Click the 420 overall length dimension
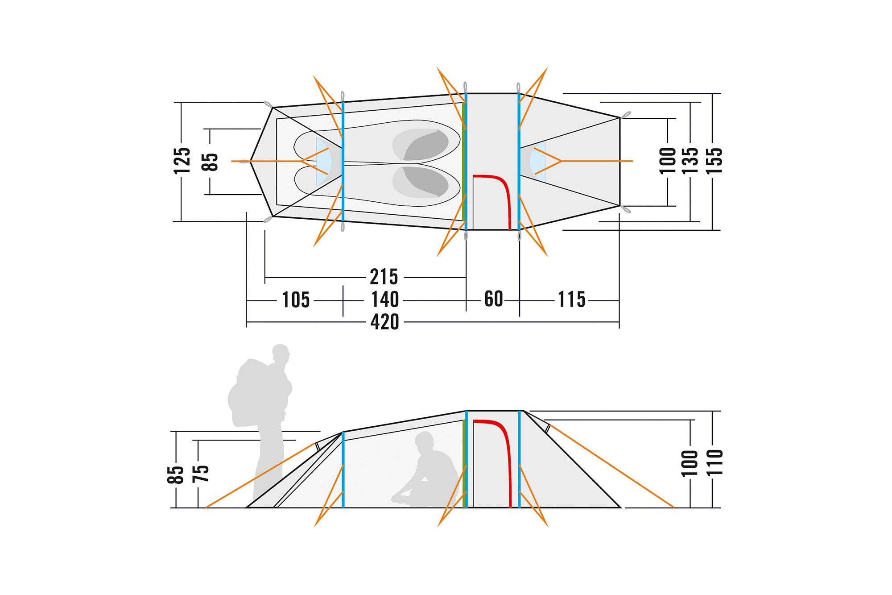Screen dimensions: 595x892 pyautogui.click(x=384, y=322)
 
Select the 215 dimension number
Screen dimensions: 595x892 pyautogui.click(x=384, y=277)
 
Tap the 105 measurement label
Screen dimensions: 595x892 pyautogui.click(x=296, y=300)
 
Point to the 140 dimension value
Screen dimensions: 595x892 pyautogui.click(x=385, y=299)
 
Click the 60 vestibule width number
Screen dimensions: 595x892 pyautogui.click(x=493, y=299)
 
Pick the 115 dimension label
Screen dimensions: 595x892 pyautogui.click(x=571, y=300)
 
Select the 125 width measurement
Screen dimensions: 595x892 pyautogui.click(x=182, y=161)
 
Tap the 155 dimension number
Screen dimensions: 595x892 pyautogui.click(x=714, y=161)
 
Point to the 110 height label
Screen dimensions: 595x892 pyautogui.click(x=714, y=463)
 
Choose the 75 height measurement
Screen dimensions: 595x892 pyautogui.click(x=200, y=473)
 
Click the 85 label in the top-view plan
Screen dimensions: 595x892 pyautogui.click(x=210, y=162)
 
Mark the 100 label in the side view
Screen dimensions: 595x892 pyautogui.click(x=690, y=463)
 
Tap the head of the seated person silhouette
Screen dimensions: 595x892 pyautogui.click(x=424, y=440)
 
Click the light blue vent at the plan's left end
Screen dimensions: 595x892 pyautogui.click(x=323, y=162)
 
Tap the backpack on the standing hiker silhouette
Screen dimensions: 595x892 pyautogui.click(x=252, y=393)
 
